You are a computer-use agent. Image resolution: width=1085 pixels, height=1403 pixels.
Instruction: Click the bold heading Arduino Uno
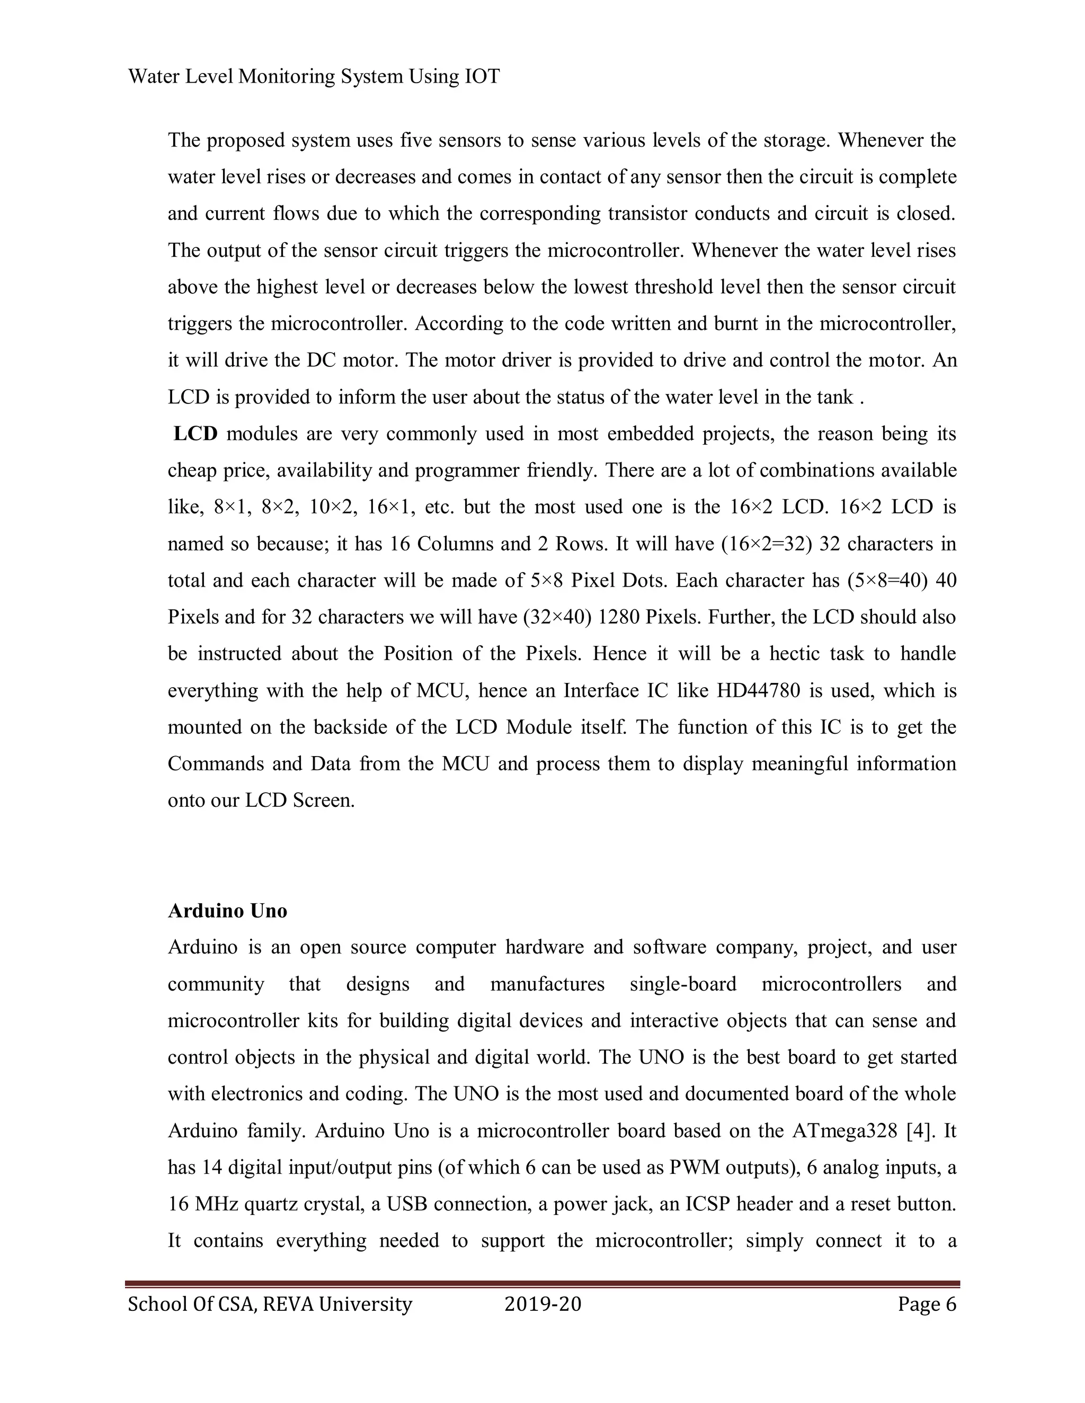pyautogui.click(x=227, y=911)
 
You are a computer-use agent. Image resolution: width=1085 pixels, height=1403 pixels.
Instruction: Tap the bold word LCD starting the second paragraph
pyautogui.click(x=196, y=434)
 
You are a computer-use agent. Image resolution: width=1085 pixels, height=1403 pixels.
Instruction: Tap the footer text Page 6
pyautogui.click(x=927, y=1305)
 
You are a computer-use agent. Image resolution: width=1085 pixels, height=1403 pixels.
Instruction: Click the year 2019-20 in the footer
pyautogui.click(x=542, y=1305)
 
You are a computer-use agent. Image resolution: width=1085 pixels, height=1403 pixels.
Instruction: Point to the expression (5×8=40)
pyautogui.click(x=885, y=581)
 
